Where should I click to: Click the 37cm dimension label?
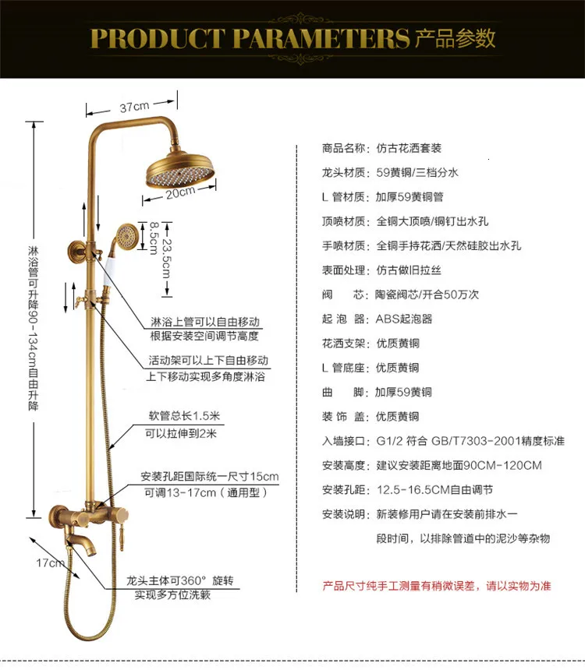coord(134,107)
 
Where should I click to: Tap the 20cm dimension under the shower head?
coord(179,192)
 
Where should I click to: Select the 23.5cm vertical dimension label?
coord(166,258)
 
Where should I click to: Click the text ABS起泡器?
coord(404,319)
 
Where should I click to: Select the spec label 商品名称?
coord(343,148)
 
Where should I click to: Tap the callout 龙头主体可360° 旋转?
coord(179,580)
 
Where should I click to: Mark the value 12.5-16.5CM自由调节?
coord(434,490)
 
